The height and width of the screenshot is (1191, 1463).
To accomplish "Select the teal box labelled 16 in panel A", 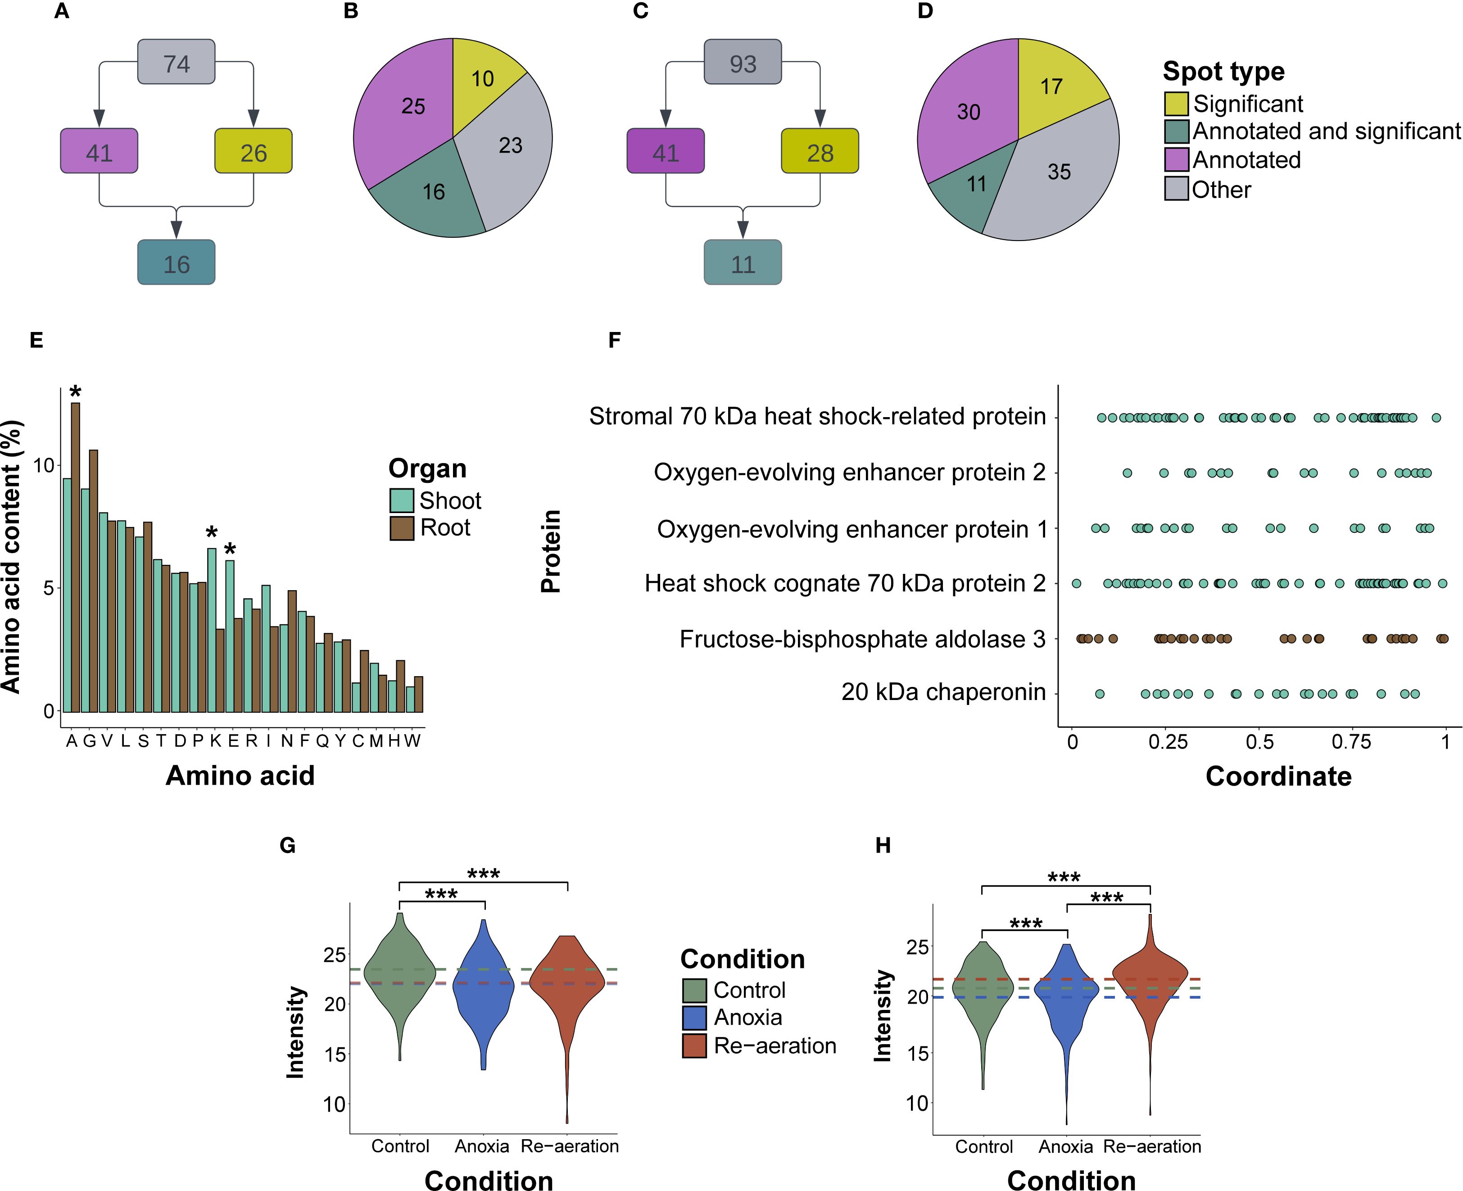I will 176,263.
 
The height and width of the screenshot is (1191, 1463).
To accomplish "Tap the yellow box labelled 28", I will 820,151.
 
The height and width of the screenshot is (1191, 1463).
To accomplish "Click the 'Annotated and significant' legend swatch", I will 1176,132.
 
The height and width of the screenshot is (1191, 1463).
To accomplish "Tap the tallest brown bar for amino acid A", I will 76,556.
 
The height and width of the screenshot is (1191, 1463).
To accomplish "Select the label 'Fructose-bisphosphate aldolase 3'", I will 862,639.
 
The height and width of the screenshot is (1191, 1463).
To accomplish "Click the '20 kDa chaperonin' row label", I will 943,692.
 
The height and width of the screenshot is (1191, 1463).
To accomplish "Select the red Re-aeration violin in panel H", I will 1150,981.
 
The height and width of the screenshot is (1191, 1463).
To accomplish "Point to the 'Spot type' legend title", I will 1223,71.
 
